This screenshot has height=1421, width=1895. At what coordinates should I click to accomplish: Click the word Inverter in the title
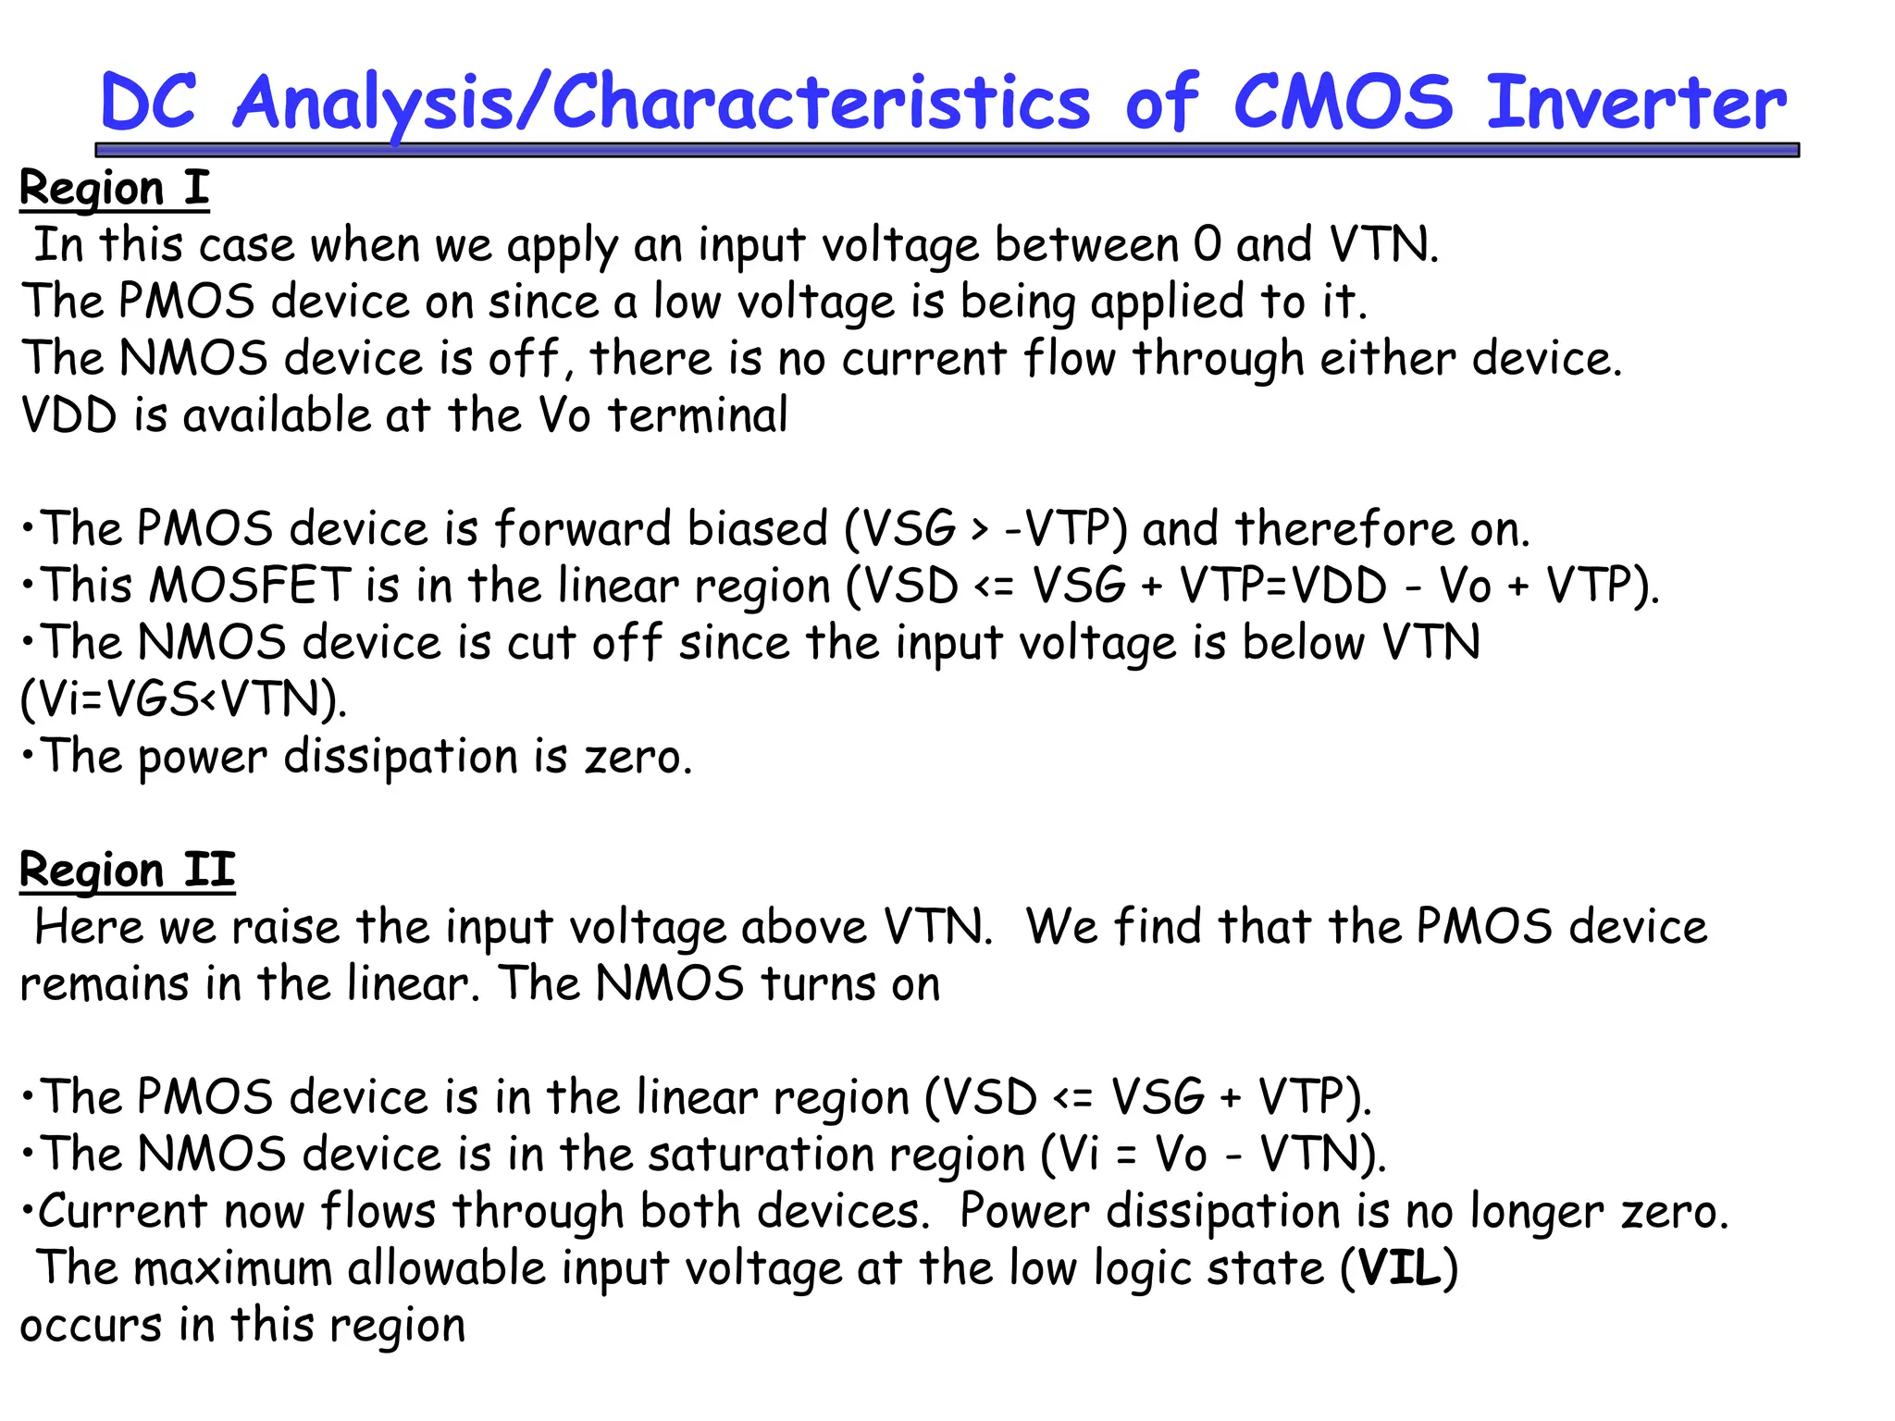(1636, 102)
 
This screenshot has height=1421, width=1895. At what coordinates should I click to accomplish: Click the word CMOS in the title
(1343, 102)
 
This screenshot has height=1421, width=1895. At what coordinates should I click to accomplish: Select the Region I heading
(115, 189)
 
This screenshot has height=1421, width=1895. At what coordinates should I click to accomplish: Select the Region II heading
(127, 871)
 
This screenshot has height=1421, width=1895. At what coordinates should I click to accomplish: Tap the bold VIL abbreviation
(1400, 1268)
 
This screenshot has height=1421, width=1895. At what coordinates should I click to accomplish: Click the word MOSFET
(249, 587)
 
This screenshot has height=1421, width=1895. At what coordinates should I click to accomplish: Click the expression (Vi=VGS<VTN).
(183, 700)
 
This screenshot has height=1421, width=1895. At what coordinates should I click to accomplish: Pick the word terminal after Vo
(699, 415)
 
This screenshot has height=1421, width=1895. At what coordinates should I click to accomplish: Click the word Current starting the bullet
(122, 1212)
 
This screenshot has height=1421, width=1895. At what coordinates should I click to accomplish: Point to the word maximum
(232, 1268)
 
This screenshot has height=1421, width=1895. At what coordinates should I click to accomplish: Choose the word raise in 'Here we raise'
(285, 928)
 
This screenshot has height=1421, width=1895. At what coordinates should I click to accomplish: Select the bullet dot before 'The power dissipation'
(29, 755)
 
